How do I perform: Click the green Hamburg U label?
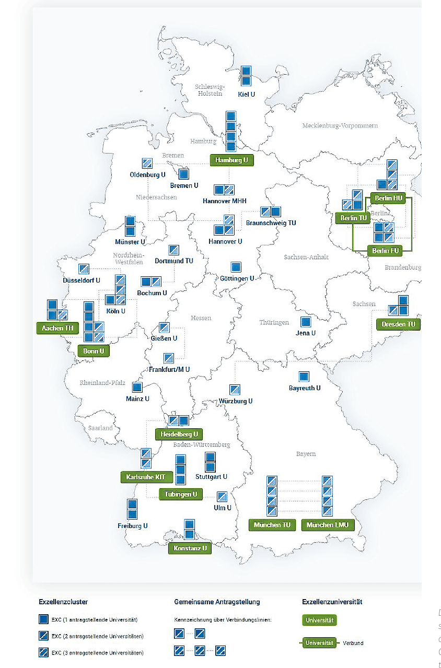click(231, 160)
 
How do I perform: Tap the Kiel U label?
click(246, 95)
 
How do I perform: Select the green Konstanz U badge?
click(190, 548)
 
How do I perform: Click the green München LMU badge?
click(328, 525)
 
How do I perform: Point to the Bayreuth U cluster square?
click(304, 377)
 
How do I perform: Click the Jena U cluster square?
click(305, 322)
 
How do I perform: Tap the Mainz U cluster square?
click(137, 388)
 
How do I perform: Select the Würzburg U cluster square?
click(235, 390)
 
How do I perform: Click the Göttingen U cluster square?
click(236, 267)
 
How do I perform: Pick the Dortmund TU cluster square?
click(174, 250)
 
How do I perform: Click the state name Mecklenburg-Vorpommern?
click(340, 126)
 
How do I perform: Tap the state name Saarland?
click(100, 428)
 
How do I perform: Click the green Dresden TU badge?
click(398, 324)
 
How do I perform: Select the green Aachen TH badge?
click(57, 329)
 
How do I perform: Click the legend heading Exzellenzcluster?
click(63, 602)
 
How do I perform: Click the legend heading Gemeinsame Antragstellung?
click(217, 602)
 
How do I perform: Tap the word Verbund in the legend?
click(353, 643)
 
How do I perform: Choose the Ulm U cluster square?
click(222, 497)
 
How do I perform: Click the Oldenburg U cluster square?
click(147, 163)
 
